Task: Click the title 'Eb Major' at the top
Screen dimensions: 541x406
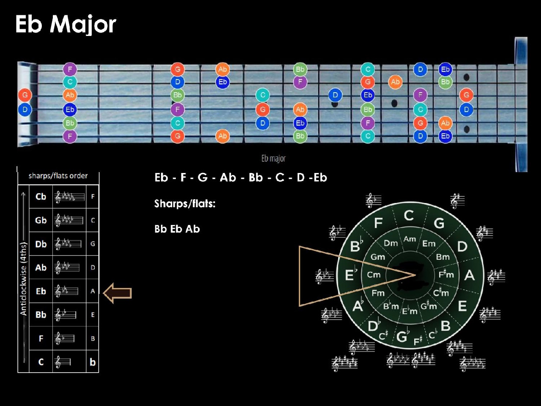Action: click(66, 24)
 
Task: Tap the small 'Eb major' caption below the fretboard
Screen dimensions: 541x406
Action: click(273, 159)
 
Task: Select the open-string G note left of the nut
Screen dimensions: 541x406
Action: click(25, 95)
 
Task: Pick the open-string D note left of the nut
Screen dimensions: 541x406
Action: click(25, 110)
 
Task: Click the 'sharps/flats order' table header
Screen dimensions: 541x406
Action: click(58, 176)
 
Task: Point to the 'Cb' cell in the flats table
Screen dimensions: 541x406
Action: click(41, 197)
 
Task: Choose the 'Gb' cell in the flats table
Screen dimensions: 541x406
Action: click(41, 220)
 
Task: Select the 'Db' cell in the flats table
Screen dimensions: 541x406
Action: click(41, 244)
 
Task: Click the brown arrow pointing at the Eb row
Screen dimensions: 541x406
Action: click(117, 293)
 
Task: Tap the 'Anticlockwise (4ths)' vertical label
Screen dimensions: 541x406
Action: click(24, 279)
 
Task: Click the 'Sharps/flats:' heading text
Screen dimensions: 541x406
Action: click(185, 204)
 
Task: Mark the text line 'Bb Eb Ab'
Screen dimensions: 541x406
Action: click(177, 229)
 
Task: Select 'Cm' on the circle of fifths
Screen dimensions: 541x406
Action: click(374, 274)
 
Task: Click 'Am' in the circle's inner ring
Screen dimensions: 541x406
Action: click(410, 239)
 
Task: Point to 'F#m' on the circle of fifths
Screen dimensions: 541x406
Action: click(446, 274)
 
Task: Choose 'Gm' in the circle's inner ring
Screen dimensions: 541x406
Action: click(377, 257)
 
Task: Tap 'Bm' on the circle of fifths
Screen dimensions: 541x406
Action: click(443, 257)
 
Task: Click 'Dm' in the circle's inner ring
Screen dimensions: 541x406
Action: click(391, 243)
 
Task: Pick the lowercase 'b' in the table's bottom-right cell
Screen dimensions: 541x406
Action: click(93, 362)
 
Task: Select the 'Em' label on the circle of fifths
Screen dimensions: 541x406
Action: click(429, 244)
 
